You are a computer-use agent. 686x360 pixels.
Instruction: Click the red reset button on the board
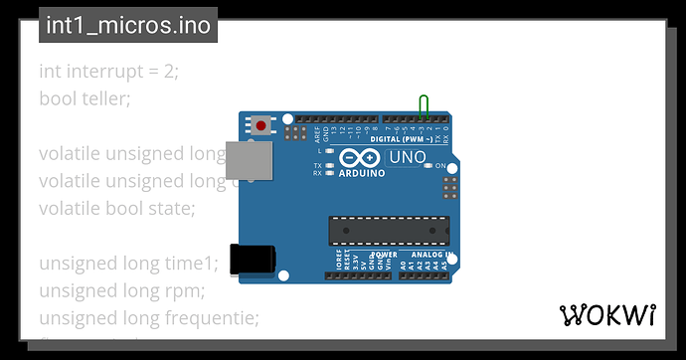[261, 126]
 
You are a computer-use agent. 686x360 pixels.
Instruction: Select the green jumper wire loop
[425, 106]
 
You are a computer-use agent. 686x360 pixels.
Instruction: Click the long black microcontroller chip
[389, 230]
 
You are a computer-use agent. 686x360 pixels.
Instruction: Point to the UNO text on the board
[407, 157]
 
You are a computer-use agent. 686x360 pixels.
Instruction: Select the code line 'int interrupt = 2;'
[108, 72]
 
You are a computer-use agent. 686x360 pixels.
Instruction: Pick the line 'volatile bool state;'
[117, 209]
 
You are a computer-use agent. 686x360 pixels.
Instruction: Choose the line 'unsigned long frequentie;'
[148, 318]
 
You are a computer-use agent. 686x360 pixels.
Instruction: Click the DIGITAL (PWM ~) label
[398, 139]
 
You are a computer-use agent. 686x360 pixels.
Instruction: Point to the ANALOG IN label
[430, 256]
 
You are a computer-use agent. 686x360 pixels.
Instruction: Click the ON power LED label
[441, 165]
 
